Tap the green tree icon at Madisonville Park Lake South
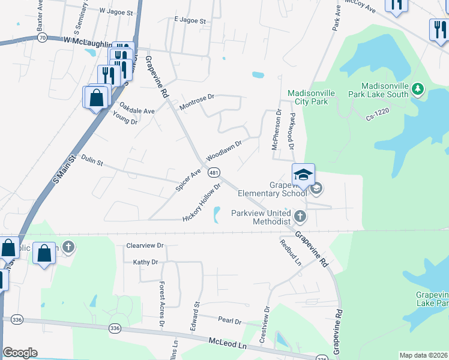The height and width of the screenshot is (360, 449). click(418, 90)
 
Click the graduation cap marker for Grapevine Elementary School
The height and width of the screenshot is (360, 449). click(303, 175)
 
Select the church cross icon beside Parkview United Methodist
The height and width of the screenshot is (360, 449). click(300, 214)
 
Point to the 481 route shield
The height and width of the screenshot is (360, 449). click(214, 173)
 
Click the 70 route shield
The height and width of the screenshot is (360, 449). click(41, 37)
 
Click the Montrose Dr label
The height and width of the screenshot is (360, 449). click(197, 101)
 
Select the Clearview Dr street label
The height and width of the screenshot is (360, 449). click(145, 245)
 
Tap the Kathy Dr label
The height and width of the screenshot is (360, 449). click(145, 262)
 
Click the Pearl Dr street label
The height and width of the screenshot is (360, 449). click(229, 321)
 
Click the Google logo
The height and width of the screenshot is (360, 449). click(20, 352)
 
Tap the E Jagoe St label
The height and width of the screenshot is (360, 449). click(190, 20)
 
